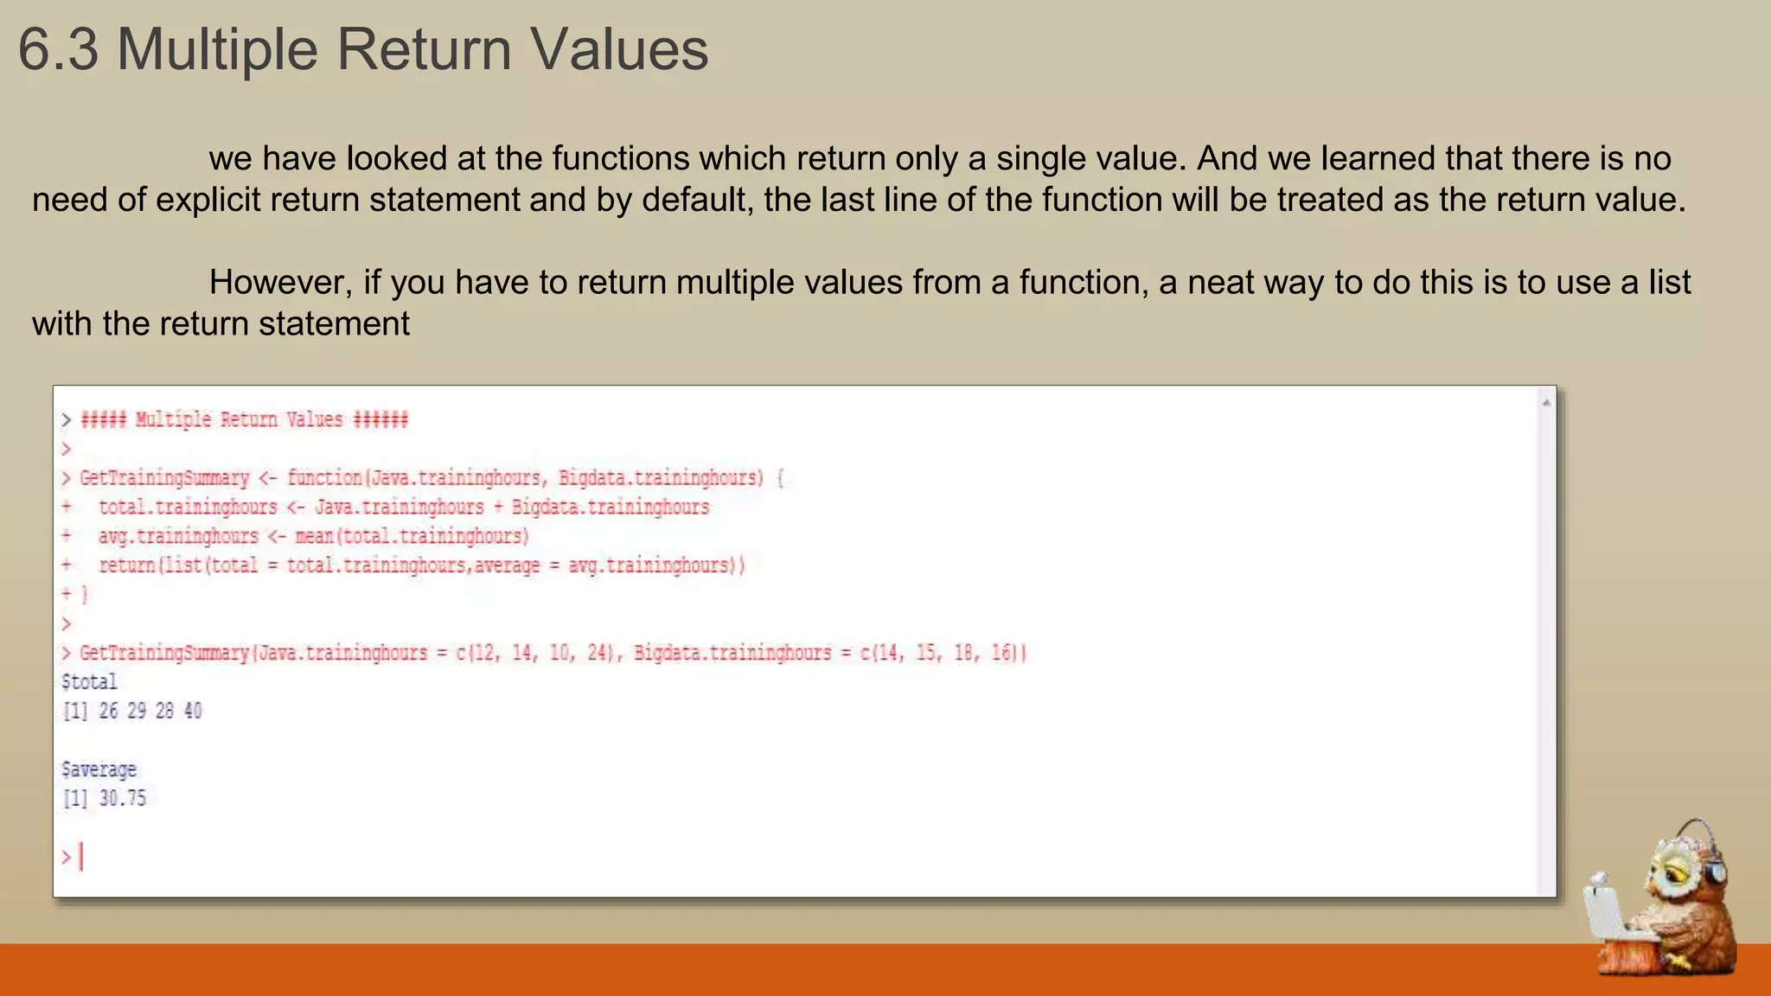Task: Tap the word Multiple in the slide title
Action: [x=217, y=49]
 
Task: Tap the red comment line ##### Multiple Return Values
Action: [x=244, y=420]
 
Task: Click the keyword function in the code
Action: [x=324, y=478]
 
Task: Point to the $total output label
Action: [x=89, y=682]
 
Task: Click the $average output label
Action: [x=99, y=769]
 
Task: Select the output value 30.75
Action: [x=122, y=798]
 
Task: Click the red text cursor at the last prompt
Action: [x=81, y=857]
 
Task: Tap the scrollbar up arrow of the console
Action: [x=1546, y=403]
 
